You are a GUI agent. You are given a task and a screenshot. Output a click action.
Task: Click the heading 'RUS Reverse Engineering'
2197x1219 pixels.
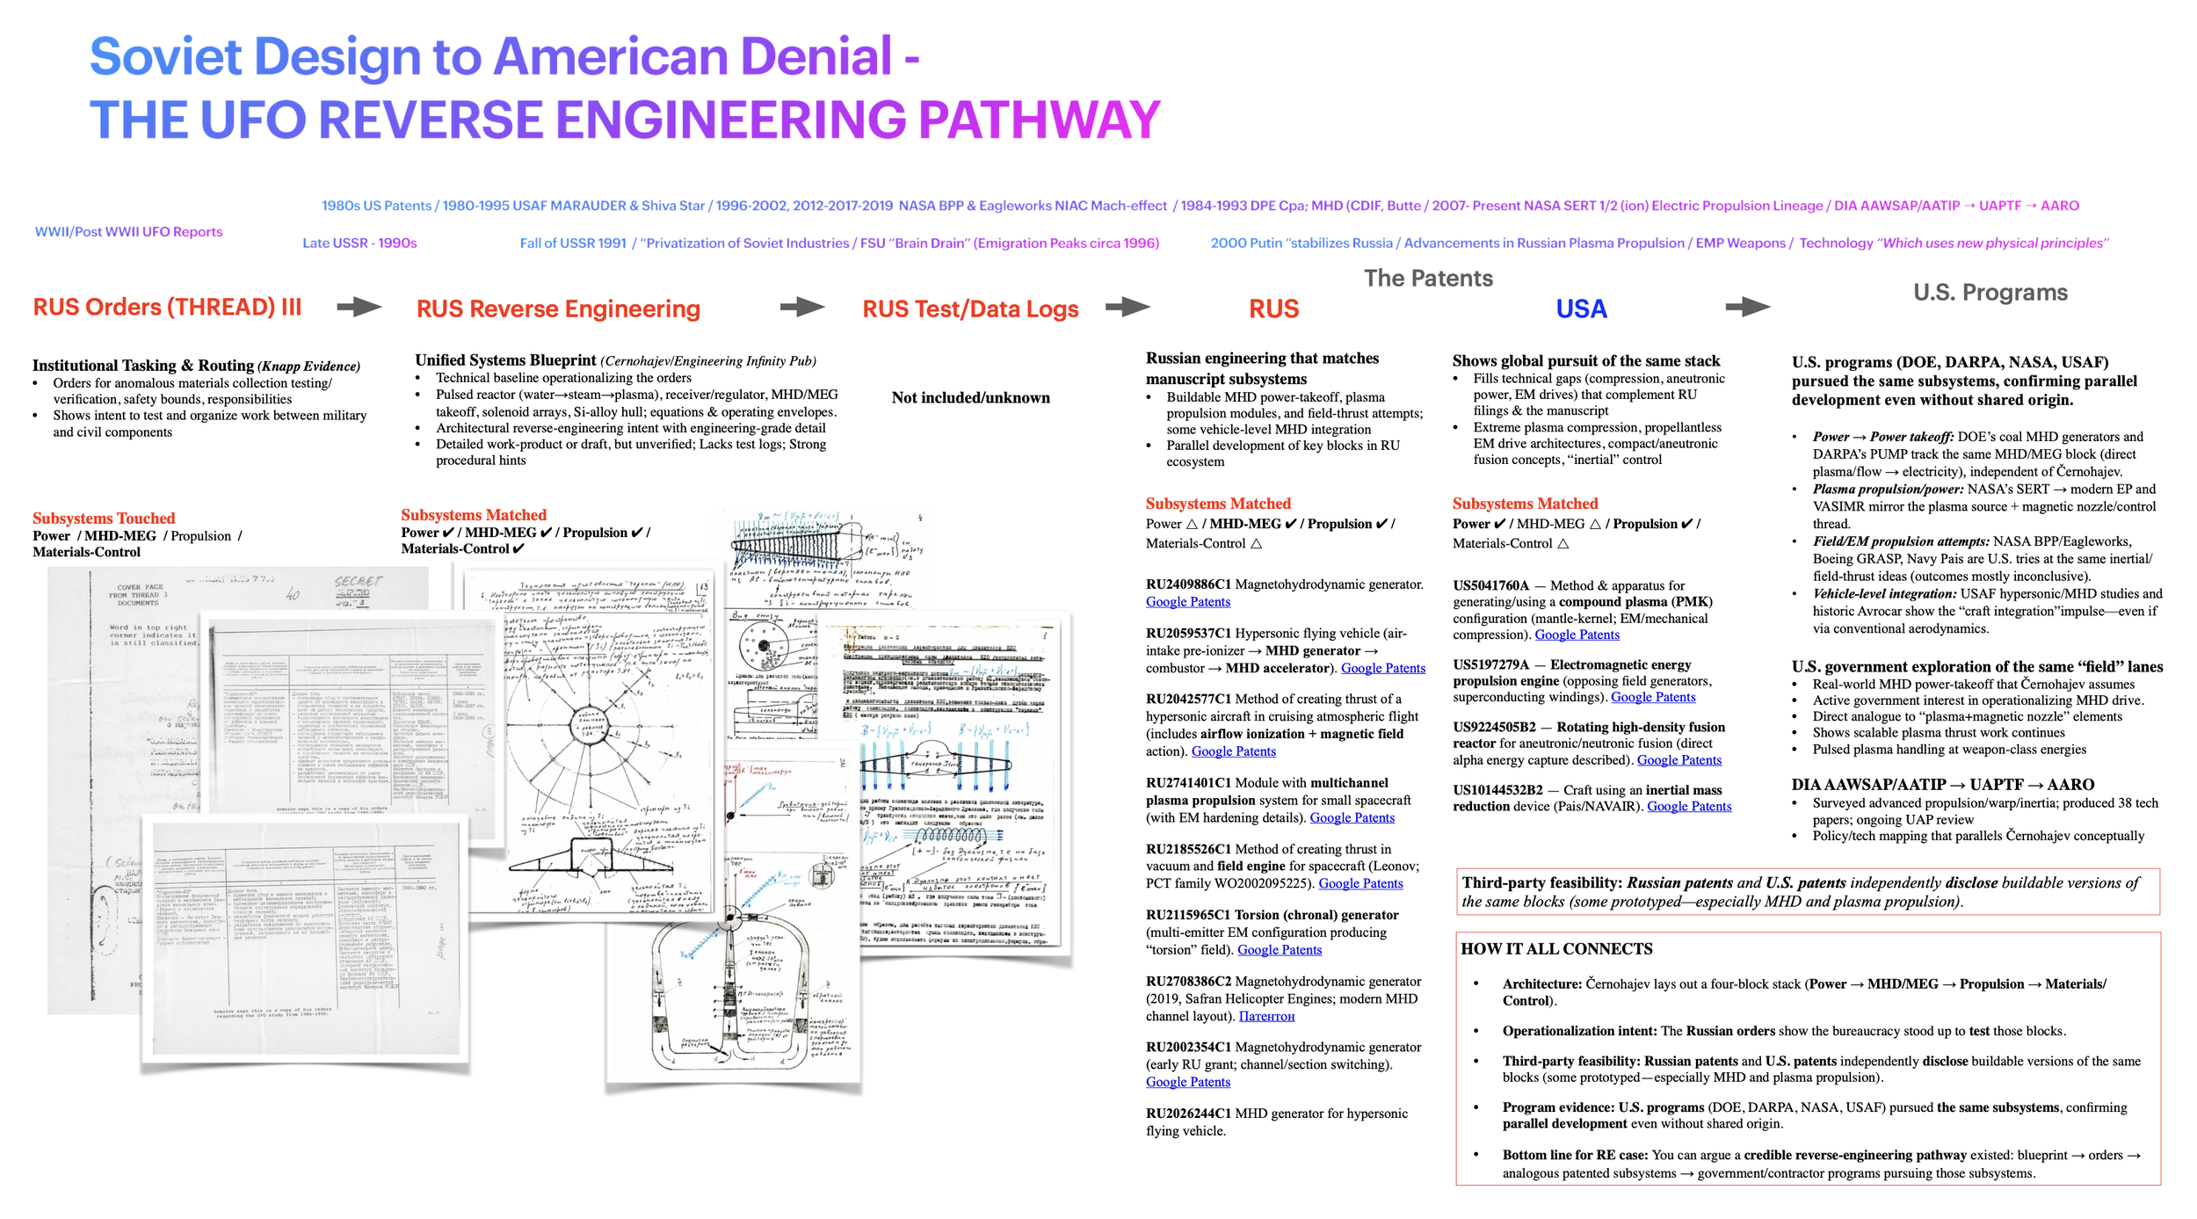point(558,309)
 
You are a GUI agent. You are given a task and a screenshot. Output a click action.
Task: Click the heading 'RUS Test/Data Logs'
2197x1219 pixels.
point(970,309)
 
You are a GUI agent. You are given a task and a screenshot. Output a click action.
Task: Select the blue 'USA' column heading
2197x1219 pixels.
point(1581,309)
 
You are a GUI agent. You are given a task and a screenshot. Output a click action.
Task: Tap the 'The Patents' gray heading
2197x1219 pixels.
point(1428,279)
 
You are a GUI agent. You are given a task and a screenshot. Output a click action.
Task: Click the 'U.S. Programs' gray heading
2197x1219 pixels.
point(1990,293)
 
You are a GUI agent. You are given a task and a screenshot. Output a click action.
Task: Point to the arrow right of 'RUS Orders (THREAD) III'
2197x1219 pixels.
point(359,307)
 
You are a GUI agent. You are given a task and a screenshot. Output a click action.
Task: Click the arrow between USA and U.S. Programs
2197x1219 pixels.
point(1747,307)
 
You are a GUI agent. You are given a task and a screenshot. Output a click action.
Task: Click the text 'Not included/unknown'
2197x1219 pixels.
point(970,398)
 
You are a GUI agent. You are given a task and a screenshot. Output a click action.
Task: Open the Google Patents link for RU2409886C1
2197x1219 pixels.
point(1187,602)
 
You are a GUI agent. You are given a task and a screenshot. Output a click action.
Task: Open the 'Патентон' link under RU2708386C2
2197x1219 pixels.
point(1266,1017)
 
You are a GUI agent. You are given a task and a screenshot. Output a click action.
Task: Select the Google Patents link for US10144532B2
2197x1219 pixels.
point(1688,807)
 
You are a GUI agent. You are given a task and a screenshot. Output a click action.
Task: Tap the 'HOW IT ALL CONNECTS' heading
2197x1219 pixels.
point(1556,949)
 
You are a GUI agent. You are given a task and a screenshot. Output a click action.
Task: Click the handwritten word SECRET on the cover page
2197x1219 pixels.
point(358,582)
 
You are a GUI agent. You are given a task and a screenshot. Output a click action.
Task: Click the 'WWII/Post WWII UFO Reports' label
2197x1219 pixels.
point(128,232)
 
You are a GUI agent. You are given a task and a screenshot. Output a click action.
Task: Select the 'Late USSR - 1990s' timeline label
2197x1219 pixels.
point(359,243)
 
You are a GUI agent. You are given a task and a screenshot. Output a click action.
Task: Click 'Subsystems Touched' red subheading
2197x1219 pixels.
point(104,519)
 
